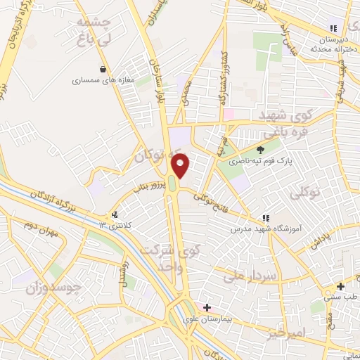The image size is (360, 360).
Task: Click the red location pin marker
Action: point(181,165)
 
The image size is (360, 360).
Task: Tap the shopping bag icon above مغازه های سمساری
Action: point(104,69)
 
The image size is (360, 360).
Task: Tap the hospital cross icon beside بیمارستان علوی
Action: point(207,307)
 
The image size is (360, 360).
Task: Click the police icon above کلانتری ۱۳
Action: point(115,214)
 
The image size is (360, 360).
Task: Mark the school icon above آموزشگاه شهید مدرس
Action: point(266,218)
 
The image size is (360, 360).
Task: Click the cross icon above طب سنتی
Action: point(340,286)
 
